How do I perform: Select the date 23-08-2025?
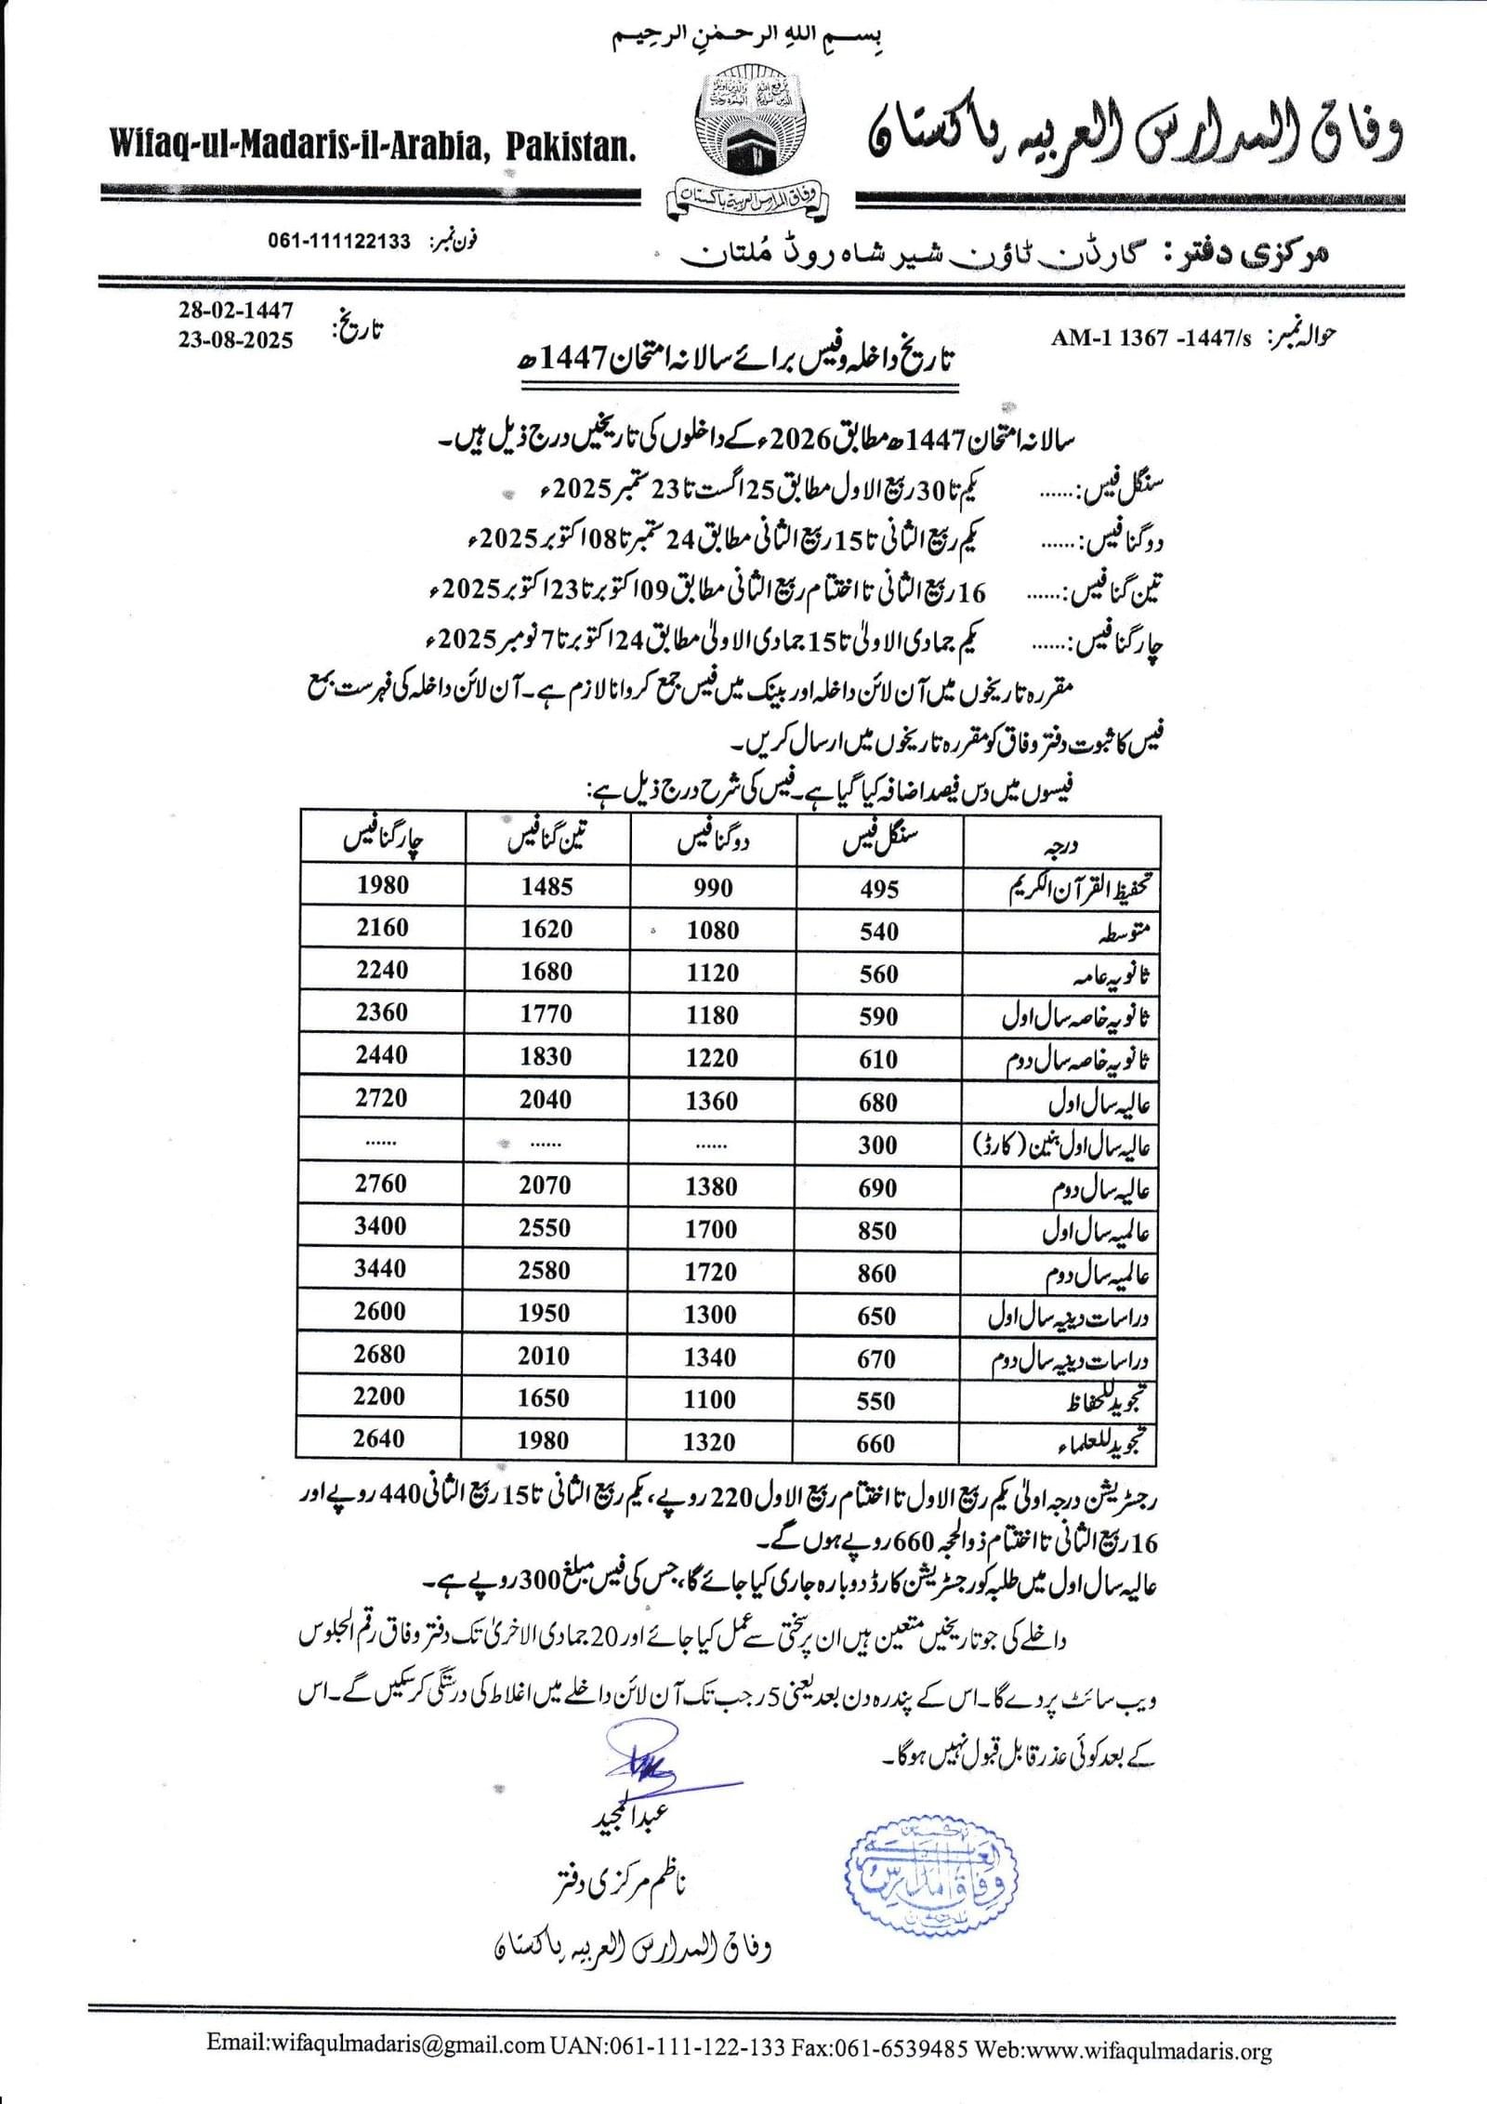pos(236,340)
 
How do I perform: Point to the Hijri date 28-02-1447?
pos(236,310)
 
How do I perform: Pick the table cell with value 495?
pos(878,889)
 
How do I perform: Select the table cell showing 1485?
pos(546,886)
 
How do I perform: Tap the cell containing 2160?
pos(382,927)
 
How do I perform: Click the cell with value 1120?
pos(713,973)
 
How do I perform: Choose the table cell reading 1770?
pos(546,1013)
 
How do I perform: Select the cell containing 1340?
pos(711,1356)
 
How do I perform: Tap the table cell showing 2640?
pos(379,1439)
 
